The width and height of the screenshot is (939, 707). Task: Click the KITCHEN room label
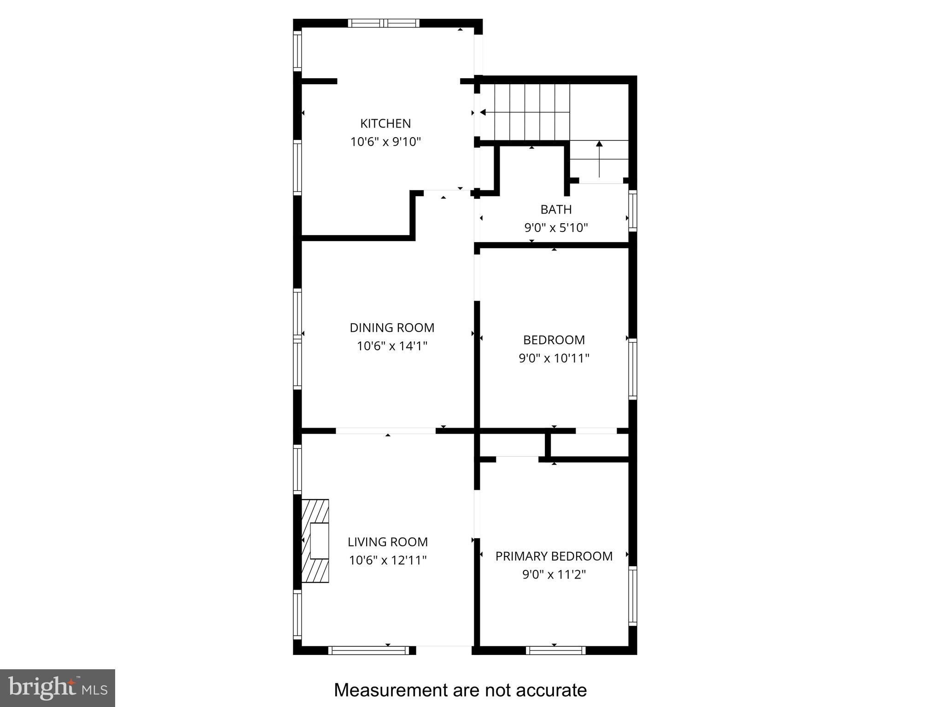385,123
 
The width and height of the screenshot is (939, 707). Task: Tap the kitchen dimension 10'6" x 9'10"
386,142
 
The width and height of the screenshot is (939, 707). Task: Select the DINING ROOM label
392,328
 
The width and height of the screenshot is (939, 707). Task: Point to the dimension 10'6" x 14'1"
392,346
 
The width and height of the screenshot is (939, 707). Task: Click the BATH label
556,209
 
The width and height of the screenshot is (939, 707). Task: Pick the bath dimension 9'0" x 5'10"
556,228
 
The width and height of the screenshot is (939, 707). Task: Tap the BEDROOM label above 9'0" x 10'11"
554,340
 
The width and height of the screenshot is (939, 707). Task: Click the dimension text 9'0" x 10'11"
554,358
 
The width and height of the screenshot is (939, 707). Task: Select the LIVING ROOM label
388,542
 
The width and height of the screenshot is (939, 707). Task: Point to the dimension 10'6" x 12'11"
388,560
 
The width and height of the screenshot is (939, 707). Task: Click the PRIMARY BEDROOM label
554,556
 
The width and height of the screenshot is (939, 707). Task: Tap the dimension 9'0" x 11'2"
554,574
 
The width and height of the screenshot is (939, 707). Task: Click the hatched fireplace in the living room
315,541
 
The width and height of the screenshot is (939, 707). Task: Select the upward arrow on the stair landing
599,159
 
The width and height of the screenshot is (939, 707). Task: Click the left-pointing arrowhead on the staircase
483,112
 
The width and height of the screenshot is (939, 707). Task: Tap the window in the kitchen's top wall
384,23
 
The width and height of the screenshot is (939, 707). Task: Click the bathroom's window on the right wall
633,210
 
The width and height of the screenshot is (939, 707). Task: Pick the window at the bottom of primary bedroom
556,650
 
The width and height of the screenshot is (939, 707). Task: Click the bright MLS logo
58,688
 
